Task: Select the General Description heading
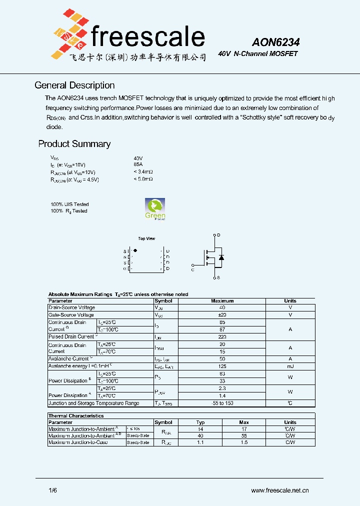74,85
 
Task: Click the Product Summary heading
74,144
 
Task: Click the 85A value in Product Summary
138,164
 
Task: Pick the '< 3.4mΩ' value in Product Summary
143,171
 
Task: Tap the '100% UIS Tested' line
69,204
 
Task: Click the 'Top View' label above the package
146,238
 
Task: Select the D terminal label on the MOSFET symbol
218,234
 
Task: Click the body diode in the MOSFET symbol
221,257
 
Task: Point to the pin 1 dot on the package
135,250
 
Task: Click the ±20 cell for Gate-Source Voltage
222,315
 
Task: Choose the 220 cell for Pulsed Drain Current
222,337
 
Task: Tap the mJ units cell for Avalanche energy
290,366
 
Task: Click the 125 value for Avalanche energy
222,366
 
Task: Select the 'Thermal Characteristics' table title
76,416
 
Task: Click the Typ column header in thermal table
200,422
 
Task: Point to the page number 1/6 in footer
53,490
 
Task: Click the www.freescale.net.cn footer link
279,490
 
